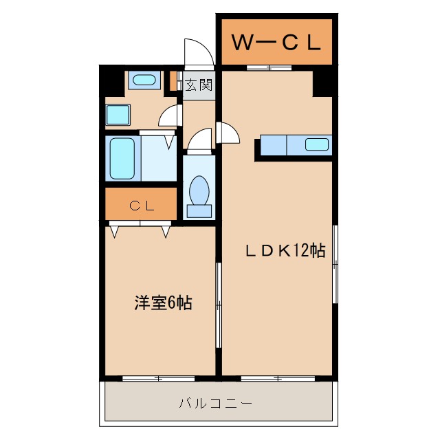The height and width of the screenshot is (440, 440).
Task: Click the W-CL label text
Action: coord(276,43)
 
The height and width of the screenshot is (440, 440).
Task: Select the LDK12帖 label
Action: coord(285,250)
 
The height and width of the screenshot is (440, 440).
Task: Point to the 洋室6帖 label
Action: coord(163,302)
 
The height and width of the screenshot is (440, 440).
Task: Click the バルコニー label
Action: coord(217,403)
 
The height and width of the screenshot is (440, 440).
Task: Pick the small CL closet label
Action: coord(142,205)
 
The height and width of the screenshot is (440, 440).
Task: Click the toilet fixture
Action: coord(199,193)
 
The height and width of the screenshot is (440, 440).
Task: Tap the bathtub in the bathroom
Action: coord(122,157)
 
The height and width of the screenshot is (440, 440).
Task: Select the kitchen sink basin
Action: coord(317,144)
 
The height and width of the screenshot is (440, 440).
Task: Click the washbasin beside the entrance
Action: coord(144,80)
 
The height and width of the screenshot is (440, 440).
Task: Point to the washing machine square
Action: coord(118,114)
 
